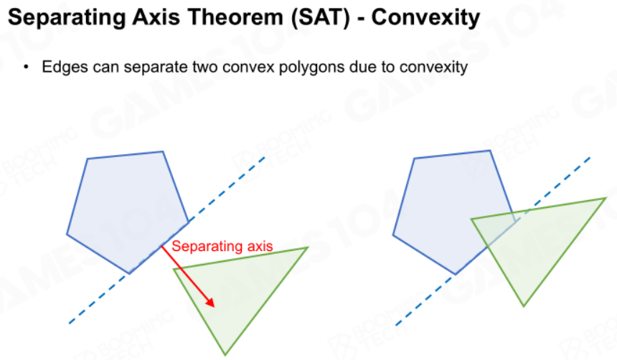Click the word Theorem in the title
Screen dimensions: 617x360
235,17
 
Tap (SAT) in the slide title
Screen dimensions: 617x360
320,18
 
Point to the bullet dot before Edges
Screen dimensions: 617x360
26,67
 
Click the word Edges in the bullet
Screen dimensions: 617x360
65,67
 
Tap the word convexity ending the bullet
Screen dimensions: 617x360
433,67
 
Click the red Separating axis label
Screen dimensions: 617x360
222,246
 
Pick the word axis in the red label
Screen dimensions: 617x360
260,246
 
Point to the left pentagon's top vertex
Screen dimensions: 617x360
163,151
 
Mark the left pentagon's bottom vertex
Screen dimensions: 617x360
129,273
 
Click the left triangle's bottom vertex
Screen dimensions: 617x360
225,355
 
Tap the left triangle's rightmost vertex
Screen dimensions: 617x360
307,247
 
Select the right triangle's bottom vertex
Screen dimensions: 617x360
523,305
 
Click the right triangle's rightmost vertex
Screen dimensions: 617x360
606,199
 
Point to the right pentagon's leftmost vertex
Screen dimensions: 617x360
393,235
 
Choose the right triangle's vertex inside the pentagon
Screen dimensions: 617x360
471,219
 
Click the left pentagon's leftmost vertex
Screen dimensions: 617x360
67,235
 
